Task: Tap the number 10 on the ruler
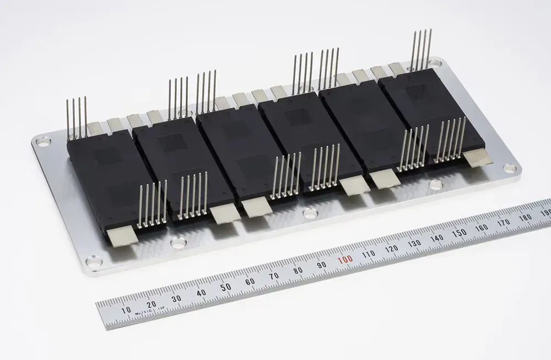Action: tap(126, 310)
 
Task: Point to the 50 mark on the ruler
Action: tap(225, 287)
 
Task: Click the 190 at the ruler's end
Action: tap(545, 213)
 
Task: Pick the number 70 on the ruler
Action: tap(274, 276)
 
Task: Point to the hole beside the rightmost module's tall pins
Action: tap(435, 63)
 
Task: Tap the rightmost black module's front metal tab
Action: tap(477, 158)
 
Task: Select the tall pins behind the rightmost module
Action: tap(421, 49)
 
